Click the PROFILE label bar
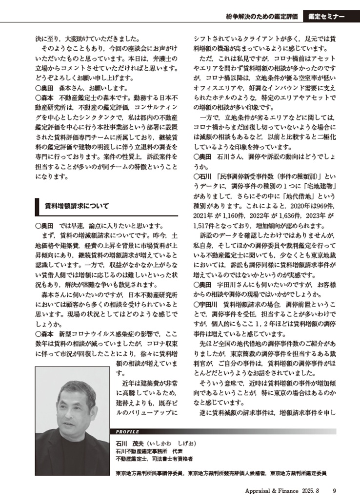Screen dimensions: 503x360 128,431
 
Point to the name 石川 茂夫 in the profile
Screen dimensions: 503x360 131,444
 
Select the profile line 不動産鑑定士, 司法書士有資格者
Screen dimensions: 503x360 154,459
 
